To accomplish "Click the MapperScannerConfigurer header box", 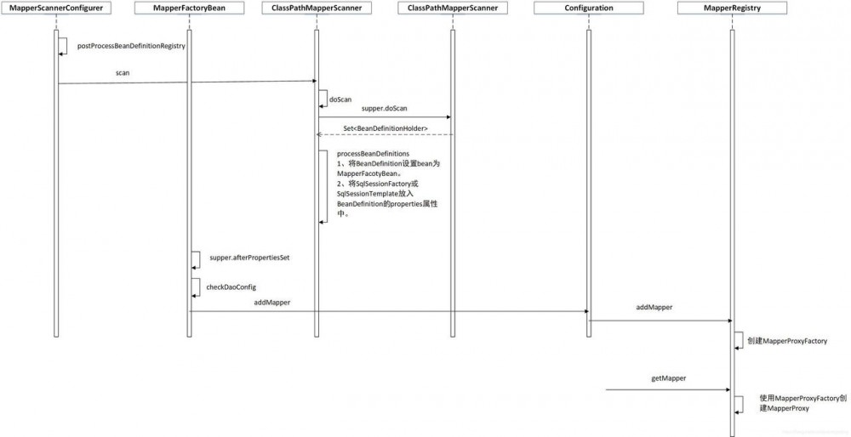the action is (56, 8).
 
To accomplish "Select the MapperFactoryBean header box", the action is (189, 8).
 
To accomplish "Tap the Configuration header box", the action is (589, 8).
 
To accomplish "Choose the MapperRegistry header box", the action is (732, 8).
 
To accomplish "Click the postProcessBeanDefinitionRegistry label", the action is (131, 46).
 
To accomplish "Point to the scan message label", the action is (123, 72).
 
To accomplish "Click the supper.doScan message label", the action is (385, 109).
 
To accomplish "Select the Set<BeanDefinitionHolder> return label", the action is (386, 128).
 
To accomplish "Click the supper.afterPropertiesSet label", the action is (249, 258).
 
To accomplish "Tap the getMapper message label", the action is (668, 378).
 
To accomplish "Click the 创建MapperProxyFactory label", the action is (787, 341).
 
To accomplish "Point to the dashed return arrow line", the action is (385, 134).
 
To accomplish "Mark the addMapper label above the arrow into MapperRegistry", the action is (654, 307).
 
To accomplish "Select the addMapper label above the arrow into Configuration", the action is (272, 303).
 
